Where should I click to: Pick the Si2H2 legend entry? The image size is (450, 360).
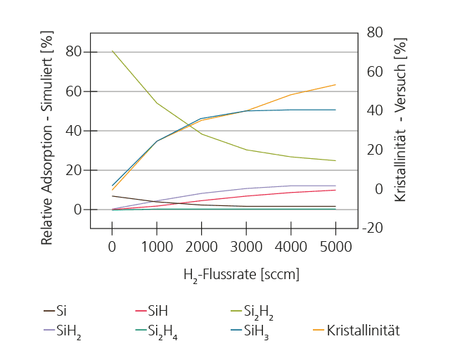coord(257,311)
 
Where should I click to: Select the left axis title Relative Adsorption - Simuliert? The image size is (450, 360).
coord(48,137)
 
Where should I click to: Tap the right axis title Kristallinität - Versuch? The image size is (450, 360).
coord(400,120)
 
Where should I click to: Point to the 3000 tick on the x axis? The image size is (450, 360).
coord(246,247)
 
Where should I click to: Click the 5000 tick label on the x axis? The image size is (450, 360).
coord(335,247)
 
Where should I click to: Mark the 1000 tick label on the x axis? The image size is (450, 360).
coord(157,247)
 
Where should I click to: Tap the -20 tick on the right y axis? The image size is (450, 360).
coord(373,228)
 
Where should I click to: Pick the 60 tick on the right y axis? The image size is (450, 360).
coord(373,71)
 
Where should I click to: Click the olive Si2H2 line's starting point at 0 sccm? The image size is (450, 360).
coord(112,51)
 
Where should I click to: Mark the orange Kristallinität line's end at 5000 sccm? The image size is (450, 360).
coord(335,84)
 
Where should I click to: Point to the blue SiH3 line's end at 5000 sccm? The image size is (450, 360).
coord(335,110)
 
